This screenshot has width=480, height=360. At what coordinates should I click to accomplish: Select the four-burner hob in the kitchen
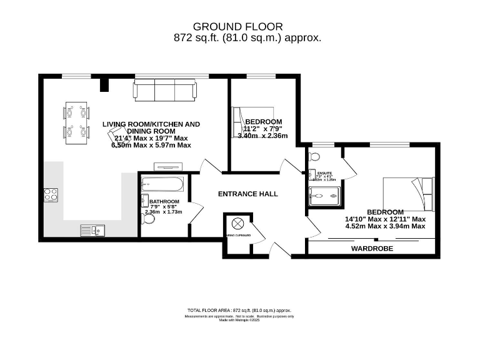51,194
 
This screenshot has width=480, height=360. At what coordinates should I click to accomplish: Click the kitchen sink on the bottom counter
92,231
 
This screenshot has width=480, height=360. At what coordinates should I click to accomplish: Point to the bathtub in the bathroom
162,185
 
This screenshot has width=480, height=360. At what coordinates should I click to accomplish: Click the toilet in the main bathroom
148,218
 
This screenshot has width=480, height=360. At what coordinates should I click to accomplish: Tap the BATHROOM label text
164,201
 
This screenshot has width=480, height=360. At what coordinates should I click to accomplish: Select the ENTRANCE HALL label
247,194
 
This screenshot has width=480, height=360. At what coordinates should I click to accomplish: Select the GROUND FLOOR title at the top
237,26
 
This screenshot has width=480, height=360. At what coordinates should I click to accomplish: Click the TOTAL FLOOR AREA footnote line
239,310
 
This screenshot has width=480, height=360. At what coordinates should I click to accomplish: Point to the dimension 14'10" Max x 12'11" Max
385,219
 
